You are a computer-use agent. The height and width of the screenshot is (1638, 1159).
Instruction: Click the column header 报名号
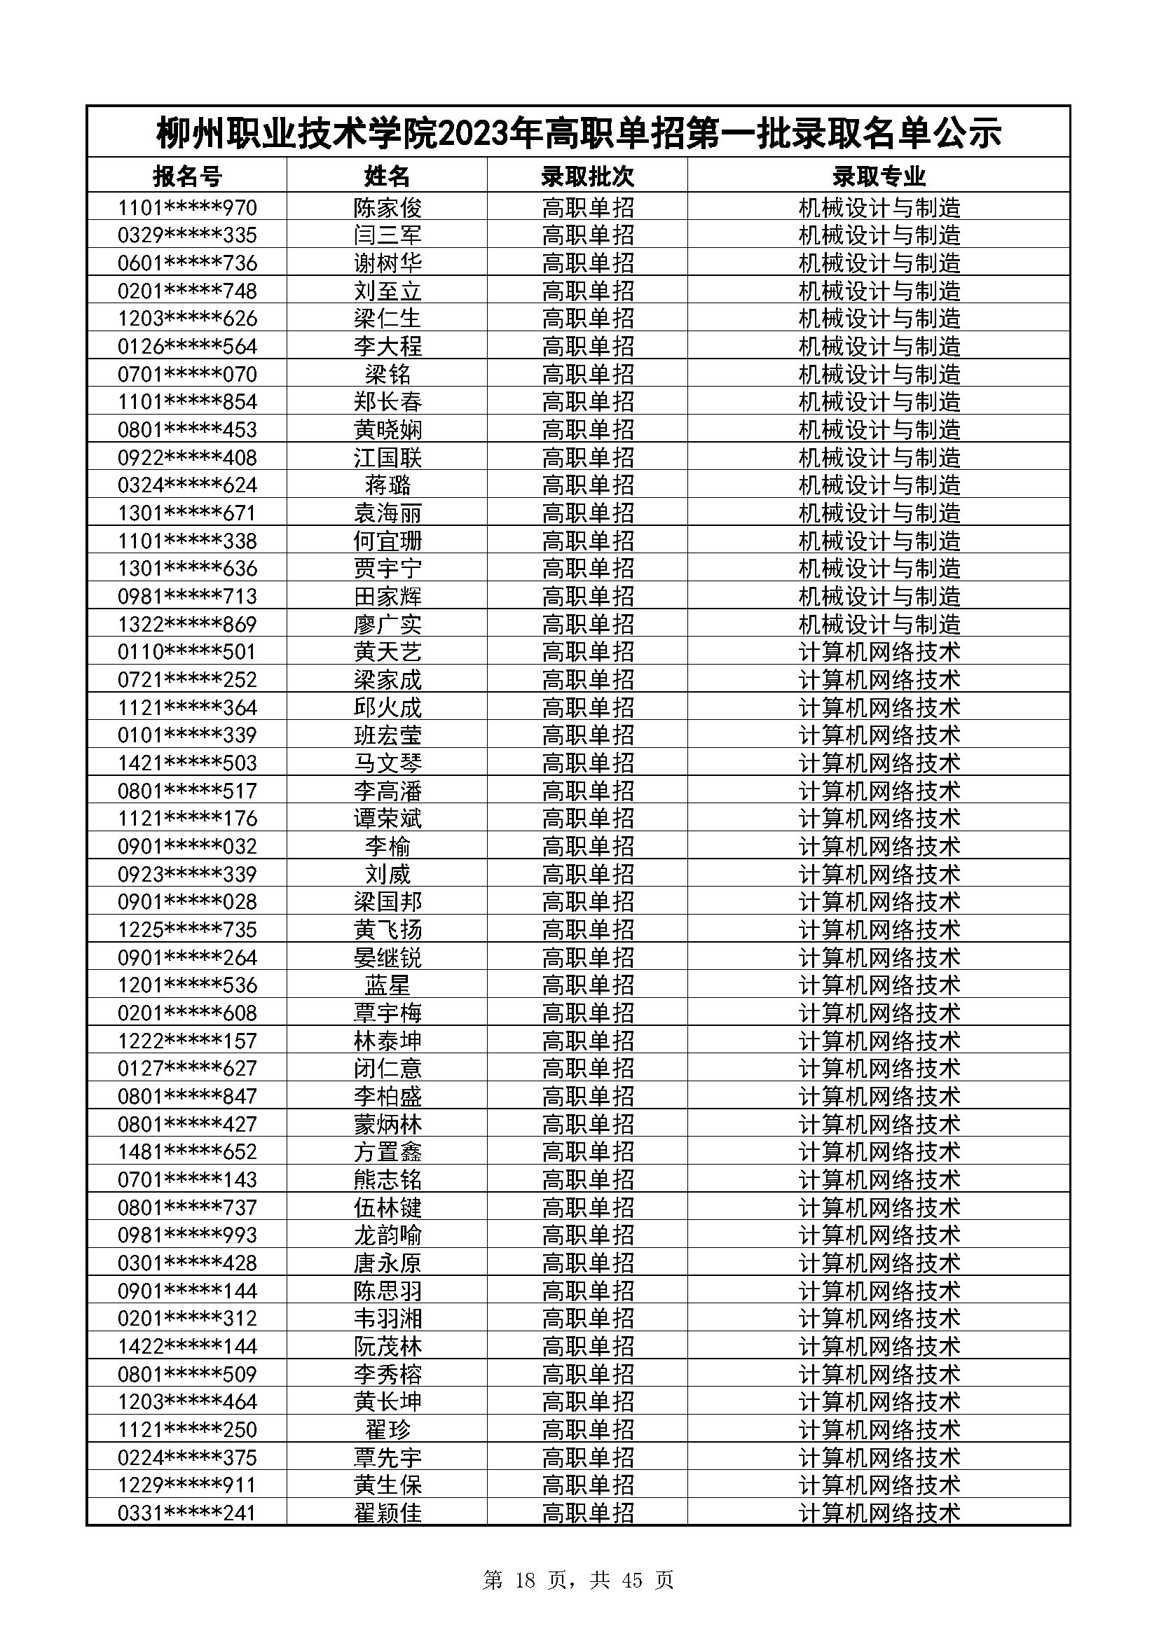[x=187, y=176]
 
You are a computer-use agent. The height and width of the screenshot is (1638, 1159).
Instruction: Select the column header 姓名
[x=388, y=176]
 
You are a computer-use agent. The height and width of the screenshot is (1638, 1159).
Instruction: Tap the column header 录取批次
[x=587, y=176]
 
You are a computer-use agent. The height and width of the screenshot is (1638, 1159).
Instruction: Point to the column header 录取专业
[x=879, y=176]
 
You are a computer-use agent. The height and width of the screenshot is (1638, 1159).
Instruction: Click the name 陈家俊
[x=388, y=207]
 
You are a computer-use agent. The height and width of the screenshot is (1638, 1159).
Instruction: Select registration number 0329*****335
[x=187, y=235]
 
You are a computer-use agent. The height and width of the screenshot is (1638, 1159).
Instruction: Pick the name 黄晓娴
[x=388, y=429]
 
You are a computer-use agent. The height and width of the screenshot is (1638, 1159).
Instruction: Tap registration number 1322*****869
[x=187, y=624]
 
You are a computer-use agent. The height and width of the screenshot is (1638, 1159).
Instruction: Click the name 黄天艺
[x=388, y=652]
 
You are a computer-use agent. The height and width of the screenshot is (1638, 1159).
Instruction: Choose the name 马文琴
[x=388, y=763]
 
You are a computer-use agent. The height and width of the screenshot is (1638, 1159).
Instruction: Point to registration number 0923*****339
[x=187, y=874]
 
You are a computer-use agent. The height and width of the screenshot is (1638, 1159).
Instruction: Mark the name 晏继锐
[x=388, y=957]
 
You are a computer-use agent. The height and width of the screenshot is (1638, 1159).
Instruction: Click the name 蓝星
[x=388, y=985]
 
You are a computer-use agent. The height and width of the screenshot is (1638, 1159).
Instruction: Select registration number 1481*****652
[x=187, y=1151]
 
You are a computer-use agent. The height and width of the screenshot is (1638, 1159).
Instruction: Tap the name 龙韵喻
[x=388, y=1235]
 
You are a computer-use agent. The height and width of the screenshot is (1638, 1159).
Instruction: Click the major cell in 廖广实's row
[x=879, y=624]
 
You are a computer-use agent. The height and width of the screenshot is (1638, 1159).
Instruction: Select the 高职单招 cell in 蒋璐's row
[x=587, y=485]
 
